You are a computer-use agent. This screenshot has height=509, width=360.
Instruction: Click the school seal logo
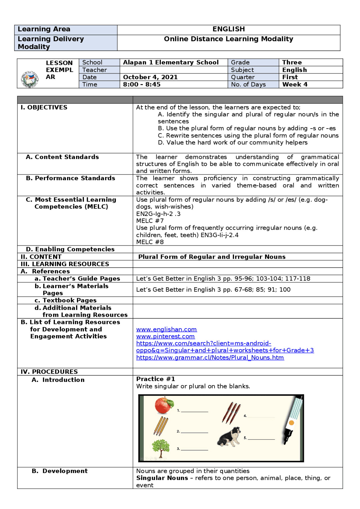30,79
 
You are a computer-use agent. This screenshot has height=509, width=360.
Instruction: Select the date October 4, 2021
150,77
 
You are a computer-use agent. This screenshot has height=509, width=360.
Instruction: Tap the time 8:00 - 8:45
141,85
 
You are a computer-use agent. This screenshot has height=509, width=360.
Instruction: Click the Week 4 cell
295,85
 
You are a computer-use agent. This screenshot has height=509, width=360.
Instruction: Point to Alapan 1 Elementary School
171,62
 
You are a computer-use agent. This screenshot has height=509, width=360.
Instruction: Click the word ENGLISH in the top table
228,29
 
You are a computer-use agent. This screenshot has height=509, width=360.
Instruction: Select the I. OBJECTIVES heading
44,107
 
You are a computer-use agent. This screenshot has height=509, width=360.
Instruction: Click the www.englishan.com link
166,329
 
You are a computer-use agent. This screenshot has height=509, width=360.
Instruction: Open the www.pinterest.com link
165,336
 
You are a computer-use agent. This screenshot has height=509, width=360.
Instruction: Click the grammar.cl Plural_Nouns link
210,358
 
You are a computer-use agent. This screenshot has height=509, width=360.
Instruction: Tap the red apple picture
164,405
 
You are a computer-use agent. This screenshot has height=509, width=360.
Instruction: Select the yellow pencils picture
161,426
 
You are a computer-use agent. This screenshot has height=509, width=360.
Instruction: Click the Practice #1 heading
156,379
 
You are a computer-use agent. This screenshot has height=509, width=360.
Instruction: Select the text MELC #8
150,242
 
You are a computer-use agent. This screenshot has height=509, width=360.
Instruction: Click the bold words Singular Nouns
162,478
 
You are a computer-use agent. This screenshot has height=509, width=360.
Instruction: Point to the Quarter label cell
243,77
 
